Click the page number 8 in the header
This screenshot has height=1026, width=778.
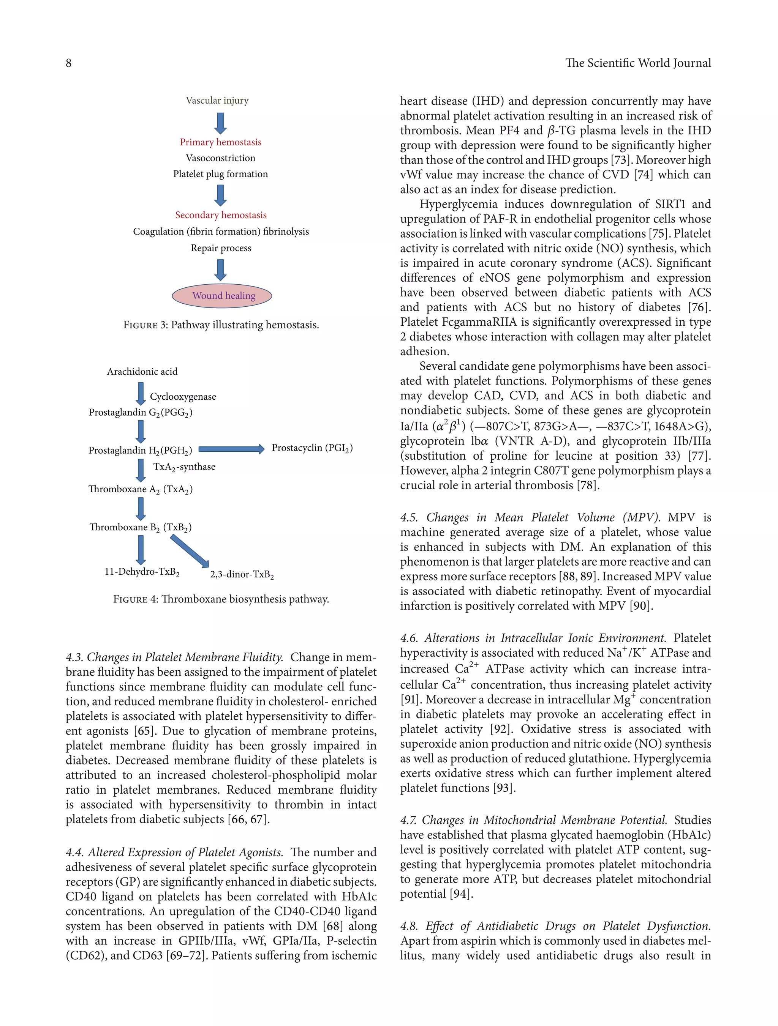pyautogui.click(x=69, y=63)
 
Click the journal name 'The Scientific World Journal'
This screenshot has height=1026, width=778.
pyautogui.click(x=638, y=63)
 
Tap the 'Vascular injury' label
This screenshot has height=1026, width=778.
pyautogui.click(x=217, y=100)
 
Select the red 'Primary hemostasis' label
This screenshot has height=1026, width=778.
pyautogui.click(x=220, y=142)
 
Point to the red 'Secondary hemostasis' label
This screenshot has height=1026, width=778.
pyautogui.click(x=220, y=215)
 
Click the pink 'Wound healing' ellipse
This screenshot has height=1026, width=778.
pyautogui.click(x=222, y=295)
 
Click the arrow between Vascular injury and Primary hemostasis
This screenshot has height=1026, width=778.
pyautogui.click(x=220, y=123)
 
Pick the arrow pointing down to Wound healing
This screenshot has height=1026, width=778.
pyautogui.click(x=220, y=270)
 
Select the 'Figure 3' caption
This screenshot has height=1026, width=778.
pyautogui.click(x=221, y=325)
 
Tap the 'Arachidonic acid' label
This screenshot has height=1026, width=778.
pyautogui.click(x=142, y=371)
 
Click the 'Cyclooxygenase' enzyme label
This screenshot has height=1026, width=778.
pyautogui.click(x=183, y=397)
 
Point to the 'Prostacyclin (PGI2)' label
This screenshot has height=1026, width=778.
pyautogui.click(x=312, y=448)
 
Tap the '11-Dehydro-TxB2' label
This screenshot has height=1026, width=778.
pyautogui.click(x=142, y=571)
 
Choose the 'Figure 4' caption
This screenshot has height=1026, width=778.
pyautogui.click(x=221, y=599)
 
